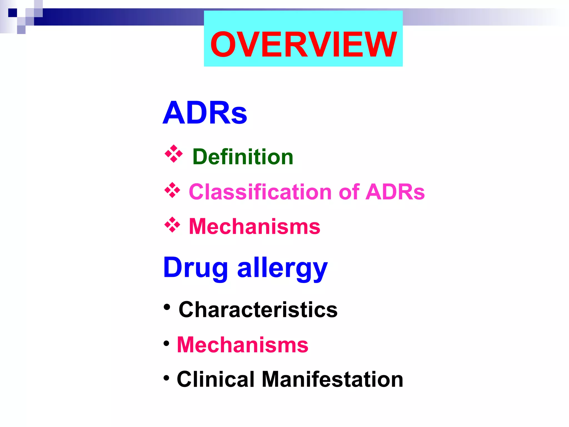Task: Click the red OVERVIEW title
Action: click(303, 44)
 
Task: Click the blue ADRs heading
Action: click(205, 113)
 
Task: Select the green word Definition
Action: click(243, 157)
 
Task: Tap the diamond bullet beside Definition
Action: click(174, 153)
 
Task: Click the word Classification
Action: click(260, 192)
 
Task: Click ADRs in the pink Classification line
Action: click(395, 192)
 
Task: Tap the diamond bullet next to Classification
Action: click(172, 190)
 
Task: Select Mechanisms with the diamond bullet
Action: click(254, 227)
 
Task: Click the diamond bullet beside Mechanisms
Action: click(172, 225)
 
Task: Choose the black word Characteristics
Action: click(258, 310)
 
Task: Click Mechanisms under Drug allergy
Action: click(243, 345)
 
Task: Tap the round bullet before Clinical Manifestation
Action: click(166, 378)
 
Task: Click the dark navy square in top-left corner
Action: click(13, 13)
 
